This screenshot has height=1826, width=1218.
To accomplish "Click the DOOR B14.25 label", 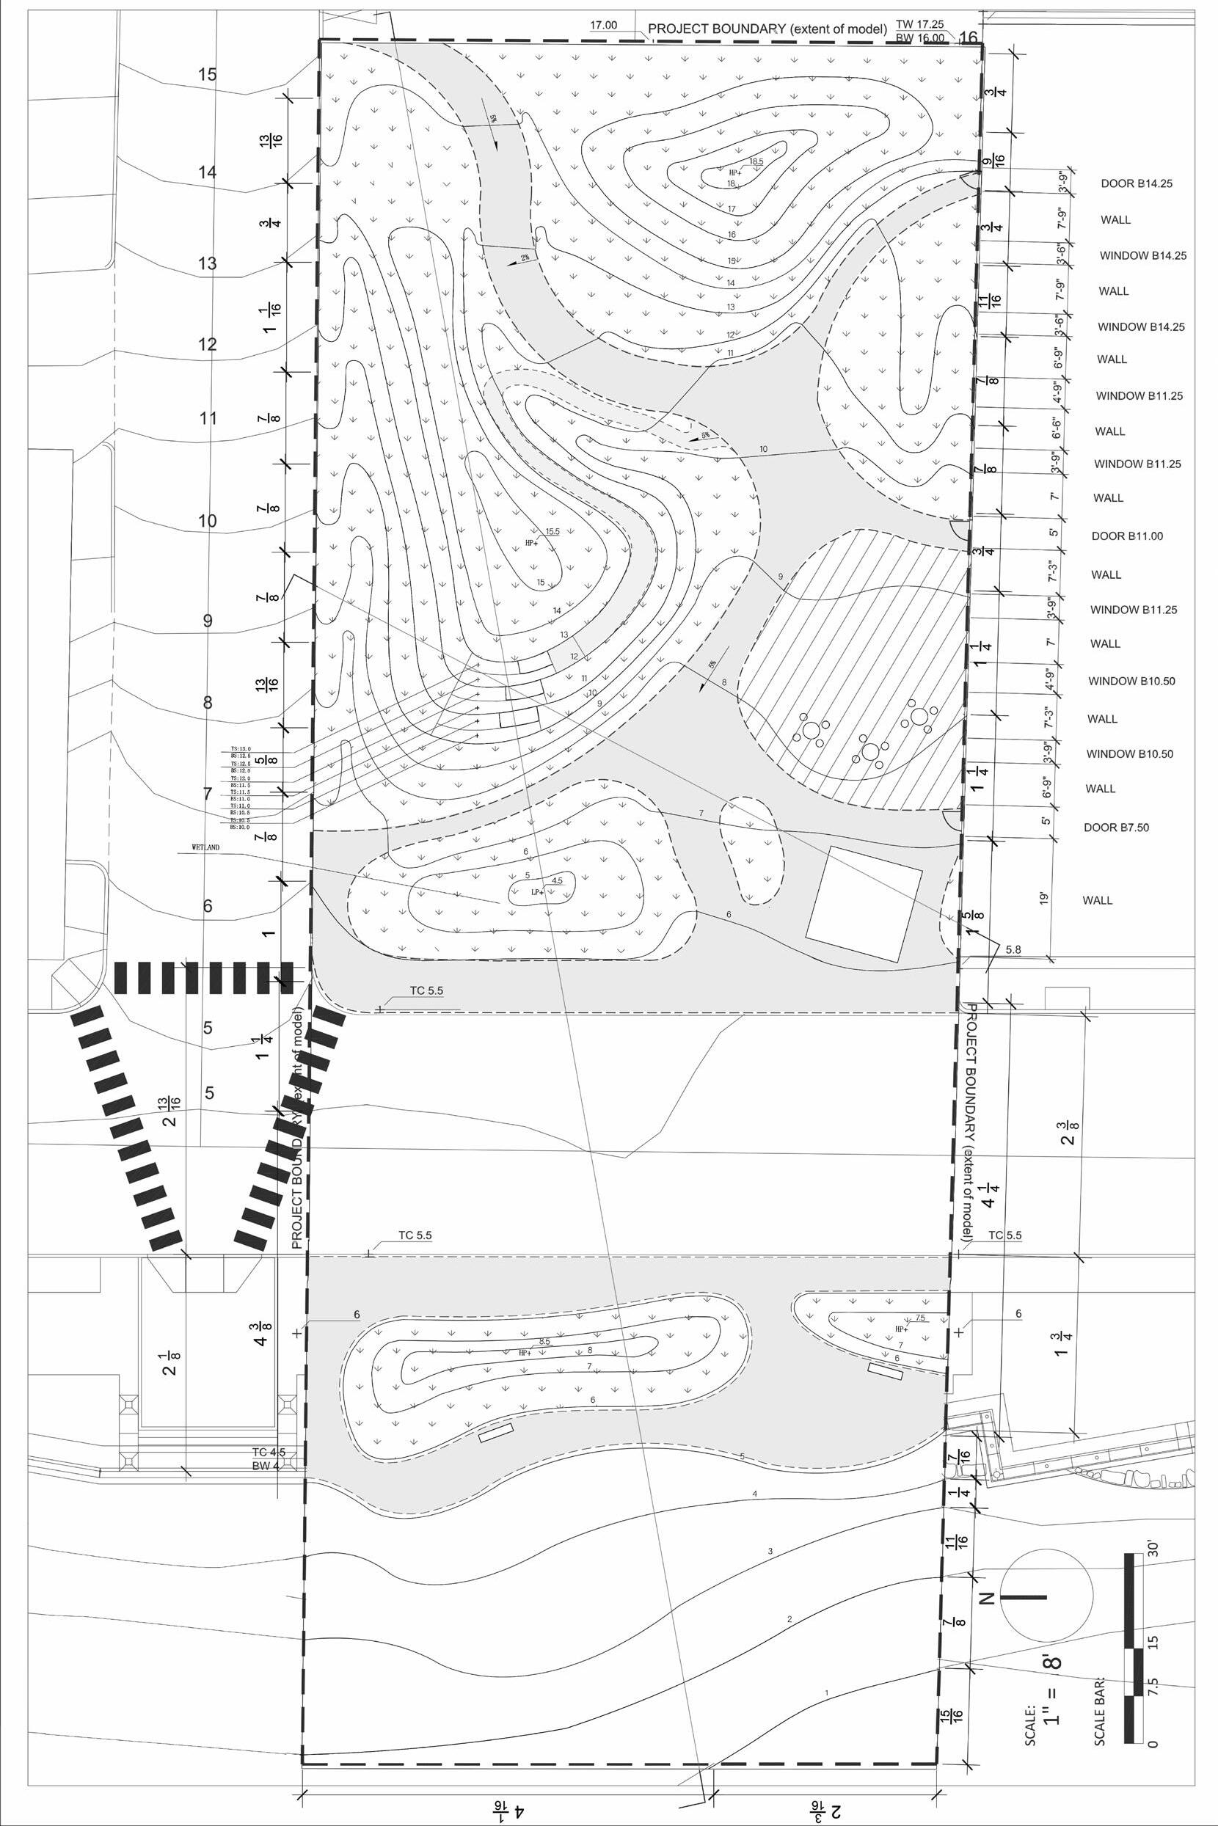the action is [x=1136, y=184].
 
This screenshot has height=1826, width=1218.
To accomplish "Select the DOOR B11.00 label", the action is [x=1127, y=536].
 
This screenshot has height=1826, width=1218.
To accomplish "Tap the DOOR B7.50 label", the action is [x=1116, y=828].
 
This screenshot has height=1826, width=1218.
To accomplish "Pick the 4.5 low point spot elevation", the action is [x=556, y=881].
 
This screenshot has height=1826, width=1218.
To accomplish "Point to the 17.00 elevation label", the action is [x=604, y=26].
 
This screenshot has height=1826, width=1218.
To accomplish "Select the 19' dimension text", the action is [x=1045, y=899].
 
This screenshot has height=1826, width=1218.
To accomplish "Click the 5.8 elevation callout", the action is [x=1013, y=949].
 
